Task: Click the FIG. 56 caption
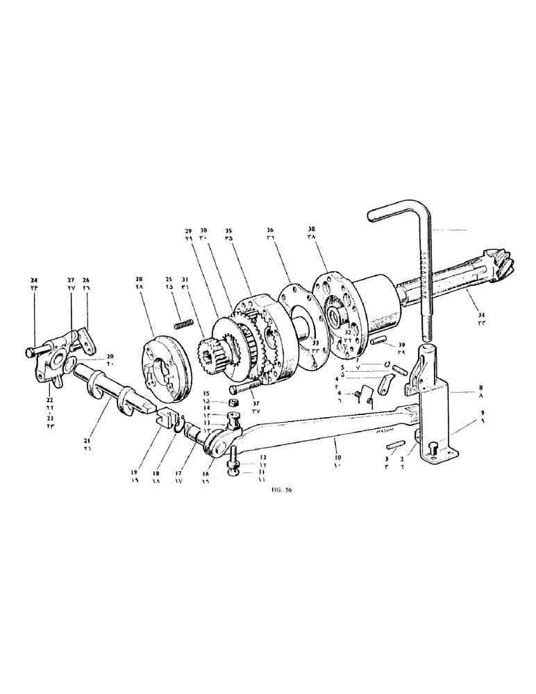284,490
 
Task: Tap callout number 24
35,281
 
